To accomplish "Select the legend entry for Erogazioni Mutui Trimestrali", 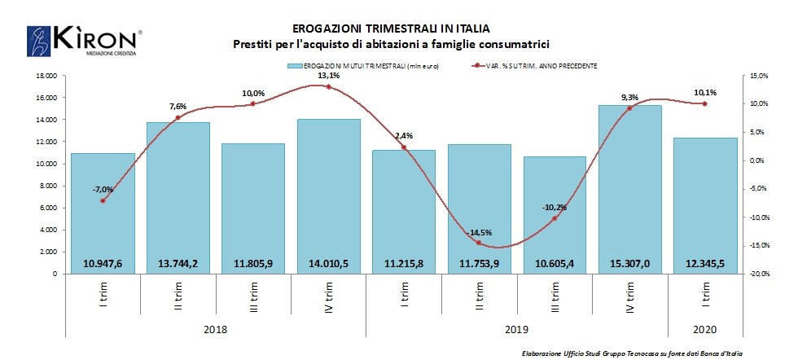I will click(363, 65).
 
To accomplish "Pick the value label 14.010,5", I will click(329, 262).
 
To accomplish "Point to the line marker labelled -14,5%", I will click(479, 243).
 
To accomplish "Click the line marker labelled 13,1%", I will click(329, 86).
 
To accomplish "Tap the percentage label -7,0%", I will click(103, 189).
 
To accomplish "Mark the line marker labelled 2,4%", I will click(404, 147).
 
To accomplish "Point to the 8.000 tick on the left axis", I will click(47, 186).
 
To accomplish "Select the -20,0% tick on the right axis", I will click(758, 274).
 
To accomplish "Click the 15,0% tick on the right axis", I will click(758, 76).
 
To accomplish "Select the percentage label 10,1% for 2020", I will click(705, 92).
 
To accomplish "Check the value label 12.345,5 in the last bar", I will click(705, 262).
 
